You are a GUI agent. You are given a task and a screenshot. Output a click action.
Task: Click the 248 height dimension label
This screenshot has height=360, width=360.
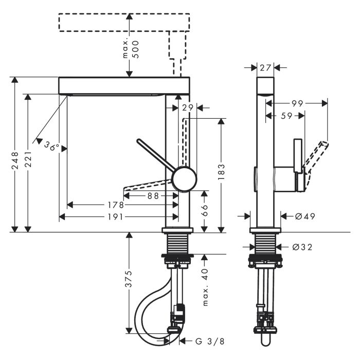tap(15, 160)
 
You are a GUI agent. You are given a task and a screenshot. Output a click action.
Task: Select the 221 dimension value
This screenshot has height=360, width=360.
tap(29, 160)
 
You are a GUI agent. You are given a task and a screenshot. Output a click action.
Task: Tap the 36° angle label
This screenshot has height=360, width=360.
tap(51, 146)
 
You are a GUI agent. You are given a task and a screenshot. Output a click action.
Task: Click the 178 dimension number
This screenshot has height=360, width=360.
tap(116, 205)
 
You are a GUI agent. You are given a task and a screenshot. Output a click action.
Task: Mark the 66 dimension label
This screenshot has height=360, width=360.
tap(205, 210)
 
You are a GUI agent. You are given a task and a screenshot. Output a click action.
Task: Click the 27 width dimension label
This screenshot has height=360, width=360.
tap(265, 67)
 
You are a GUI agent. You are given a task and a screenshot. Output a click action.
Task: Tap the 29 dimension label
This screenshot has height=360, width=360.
tap(187, 107)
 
